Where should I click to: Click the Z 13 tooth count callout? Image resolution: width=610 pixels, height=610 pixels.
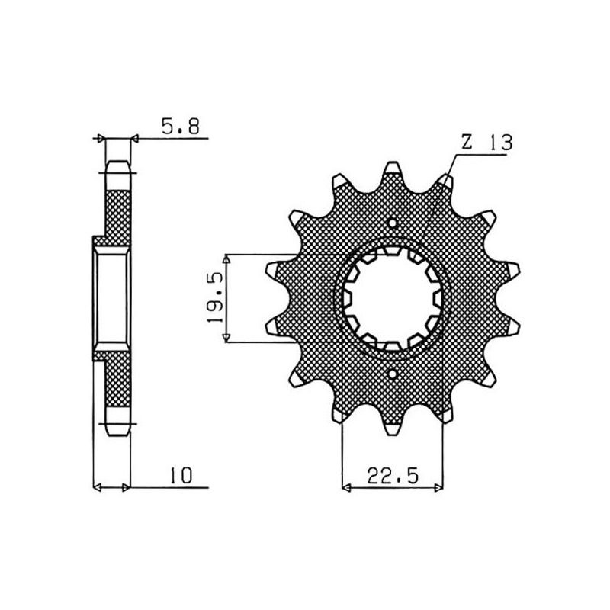pyautogui.click(x=486, y=143)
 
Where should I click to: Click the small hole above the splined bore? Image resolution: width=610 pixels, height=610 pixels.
pyautogui.click(x=393, y=225)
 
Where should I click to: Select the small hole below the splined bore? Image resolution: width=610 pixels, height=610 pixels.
pyautogui.click(x=393, y=374)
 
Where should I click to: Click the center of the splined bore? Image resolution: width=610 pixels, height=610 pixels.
pyautogui.click(x=393, y=299)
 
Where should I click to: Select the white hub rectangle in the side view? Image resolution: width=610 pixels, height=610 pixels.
pyautogui.click(x=113, y=299)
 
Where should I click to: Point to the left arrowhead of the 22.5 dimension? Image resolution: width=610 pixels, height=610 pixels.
pyautogui.click(x=347, y=485)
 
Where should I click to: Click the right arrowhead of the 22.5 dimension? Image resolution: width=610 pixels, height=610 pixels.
pyautogui.click(x=438, y=485)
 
